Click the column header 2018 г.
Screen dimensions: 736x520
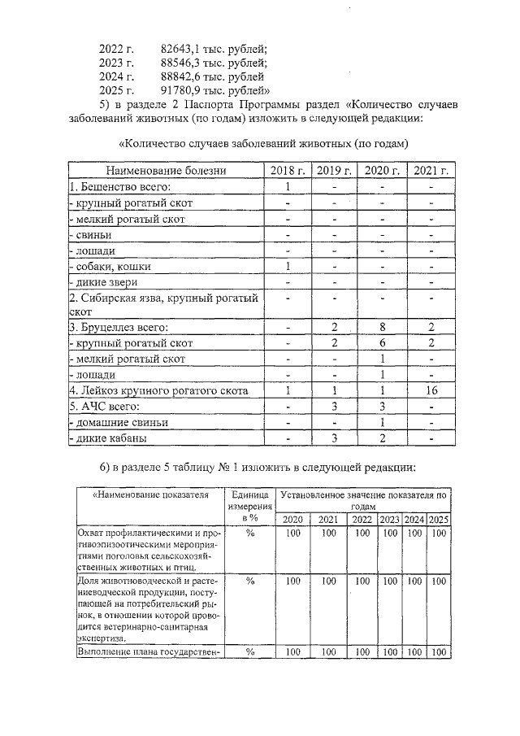288,171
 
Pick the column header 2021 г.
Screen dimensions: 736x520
431,171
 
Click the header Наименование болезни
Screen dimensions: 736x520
166,171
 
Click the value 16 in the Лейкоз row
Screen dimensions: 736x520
431,391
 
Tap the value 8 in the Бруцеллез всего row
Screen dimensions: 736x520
382,327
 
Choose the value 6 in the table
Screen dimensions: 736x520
382,343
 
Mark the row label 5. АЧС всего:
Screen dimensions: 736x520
105,407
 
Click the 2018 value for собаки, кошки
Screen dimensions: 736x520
288,266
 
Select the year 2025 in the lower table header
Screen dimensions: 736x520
440,520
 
